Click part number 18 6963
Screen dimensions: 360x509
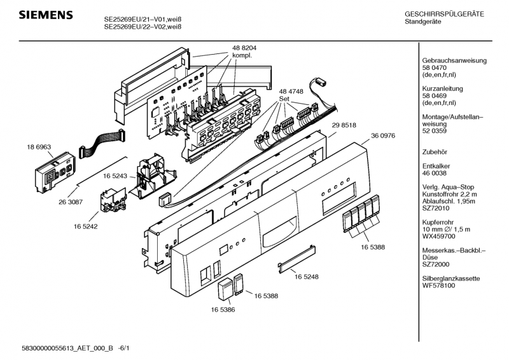tap(39, 147)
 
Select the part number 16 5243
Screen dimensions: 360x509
tap(116, 176)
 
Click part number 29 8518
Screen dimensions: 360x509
tap(344, 127)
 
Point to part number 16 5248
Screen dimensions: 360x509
tap(307, 277)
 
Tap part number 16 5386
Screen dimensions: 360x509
tap(223, 309)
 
